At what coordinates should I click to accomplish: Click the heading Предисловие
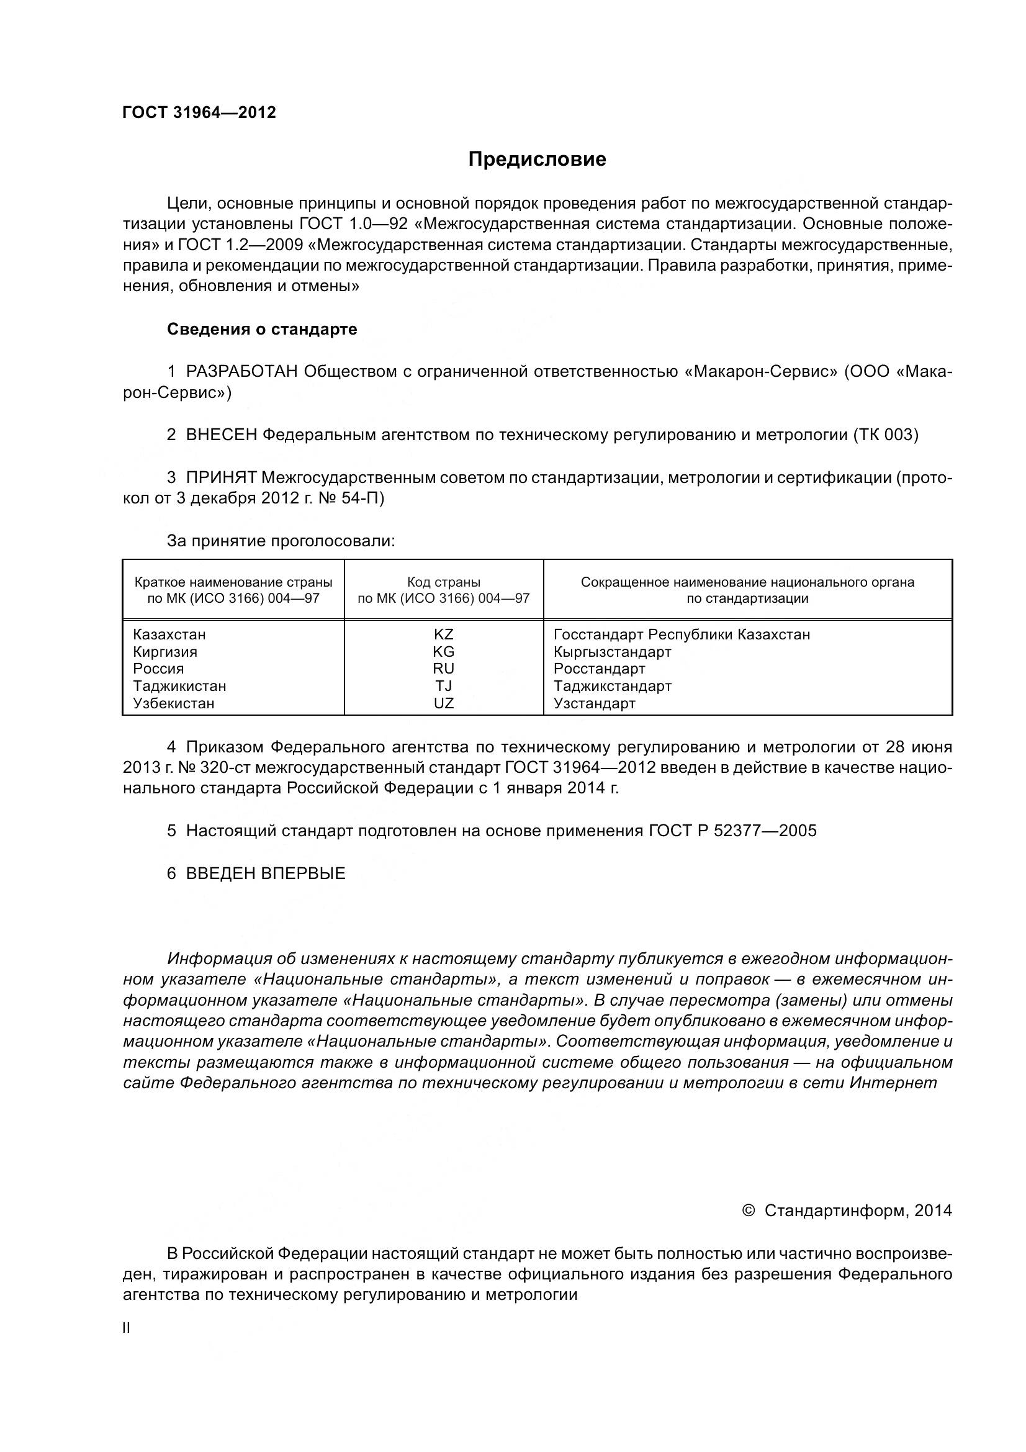[537, 160]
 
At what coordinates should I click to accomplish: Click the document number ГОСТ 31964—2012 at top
[199, 112]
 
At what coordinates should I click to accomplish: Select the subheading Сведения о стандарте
[262, 329]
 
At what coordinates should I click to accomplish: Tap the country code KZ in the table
[443, 634]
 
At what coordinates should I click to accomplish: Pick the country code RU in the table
[443, 669]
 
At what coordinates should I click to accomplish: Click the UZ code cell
[443, 703]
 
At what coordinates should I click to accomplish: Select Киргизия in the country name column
[165, 651]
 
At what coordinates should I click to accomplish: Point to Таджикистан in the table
[179, 686]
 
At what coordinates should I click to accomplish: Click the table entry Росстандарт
[600, 669]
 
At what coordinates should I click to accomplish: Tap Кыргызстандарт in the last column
[612, 651]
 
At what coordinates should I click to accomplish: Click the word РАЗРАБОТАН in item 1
[242, 371]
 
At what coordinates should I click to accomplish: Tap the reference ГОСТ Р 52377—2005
[732, 831]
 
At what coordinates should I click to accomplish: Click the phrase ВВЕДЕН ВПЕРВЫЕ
[266, 873]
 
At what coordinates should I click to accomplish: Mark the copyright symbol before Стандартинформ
[749, 1211]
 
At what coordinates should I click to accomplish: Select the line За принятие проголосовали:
[281, 541]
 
